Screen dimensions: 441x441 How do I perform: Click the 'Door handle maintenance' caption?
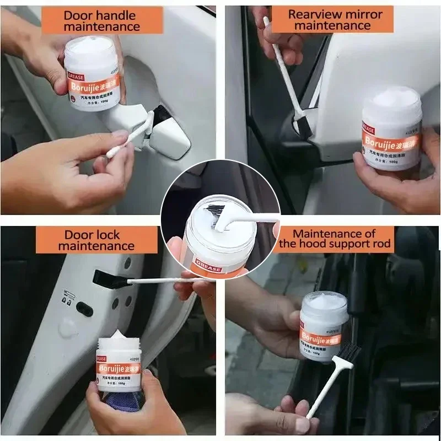[102, 20]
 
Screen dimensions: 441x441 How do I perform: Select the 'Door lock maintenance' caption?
[96, 240]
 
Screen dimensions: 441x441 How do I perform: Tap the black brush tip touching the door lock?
[105, 279]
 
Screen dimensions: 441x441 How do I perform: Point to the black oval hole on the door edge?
[84, 309]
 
